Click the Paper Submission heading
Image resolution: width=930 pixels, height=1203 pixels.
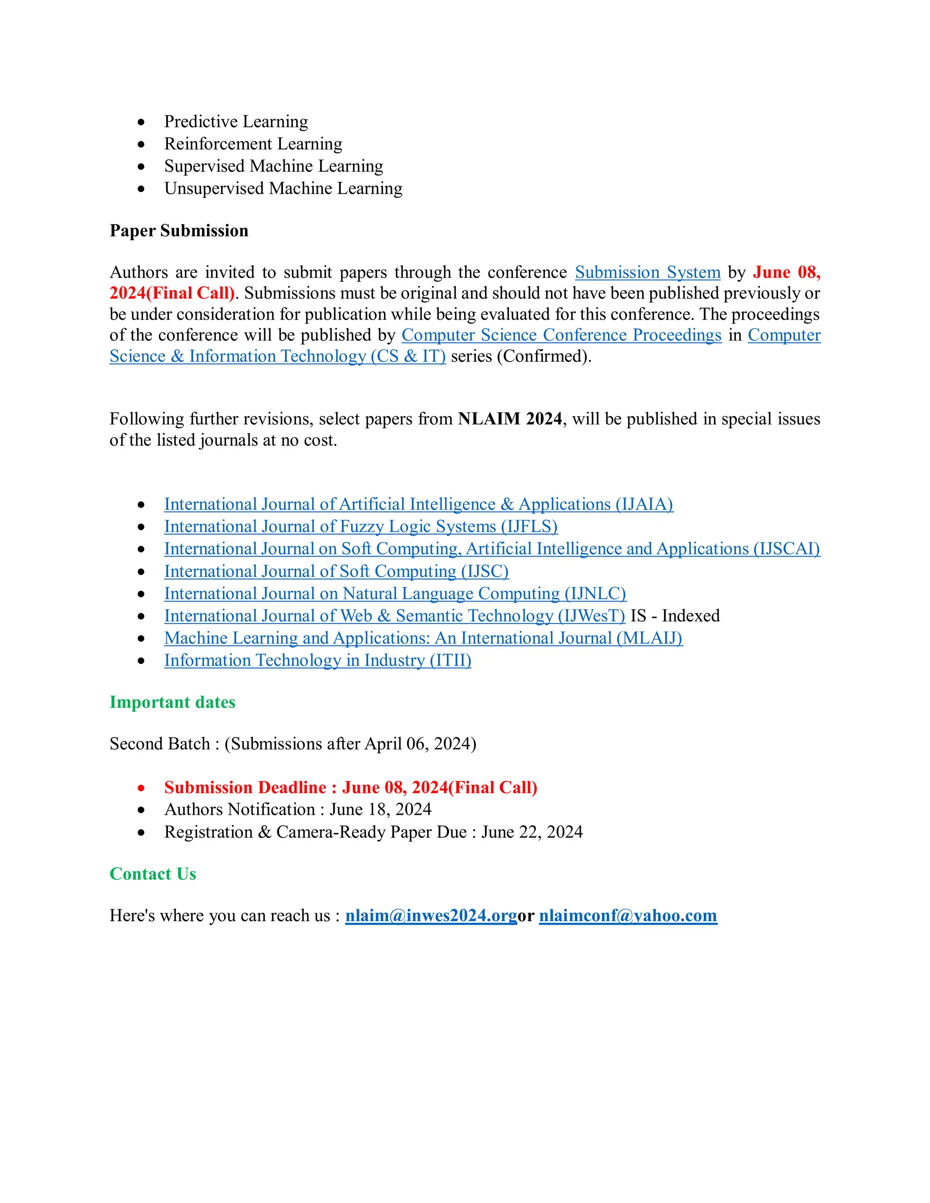coord(178,230)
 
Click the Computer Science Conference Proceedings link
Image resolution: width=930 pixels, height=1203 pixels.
coord(561,335)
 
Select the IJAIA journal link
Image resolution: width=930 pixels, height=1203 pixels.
coord(418,504)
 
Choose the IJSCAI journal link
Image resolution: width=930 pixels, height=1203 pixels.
coord(491,549)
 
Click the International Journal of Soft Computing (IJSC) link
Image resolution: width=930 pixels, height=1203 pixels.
coord(336,571)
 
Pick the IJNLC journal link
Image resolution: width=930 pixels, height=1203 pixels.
coord(395,593)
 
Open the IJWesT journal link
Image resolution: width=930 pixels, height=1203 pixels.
coord(395,616)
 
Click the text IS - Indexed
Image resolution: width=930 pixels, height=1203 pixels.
coord(675,616)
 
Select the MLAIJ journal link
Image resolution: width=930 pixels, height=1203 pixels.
coord(423,638)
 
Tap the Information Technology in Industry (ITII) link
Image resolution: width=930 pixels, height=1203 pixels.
coord(317,661)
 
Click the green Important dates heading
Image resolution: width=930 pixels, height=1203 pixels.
coord(173,702)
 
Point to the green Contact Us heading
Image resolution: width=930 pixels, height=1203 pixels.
coord(153,874)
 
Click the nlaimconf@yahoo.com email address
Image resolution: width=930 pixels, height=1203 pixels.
coord(628,916)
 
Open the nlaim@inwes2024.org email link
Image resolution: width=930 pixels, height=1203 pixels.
coord(430,916)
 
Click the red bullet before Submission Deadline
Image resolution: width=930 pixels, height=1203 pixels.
coord(142,788)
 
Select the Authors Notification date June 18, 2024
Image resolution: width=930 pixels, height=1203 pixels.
coord(380,810)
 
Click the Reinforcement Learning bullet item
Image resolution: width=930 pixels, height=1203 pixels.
coord(253,144)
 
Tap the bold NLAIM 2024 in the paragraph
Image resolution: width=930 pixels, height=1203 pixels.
coord(510,419)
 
